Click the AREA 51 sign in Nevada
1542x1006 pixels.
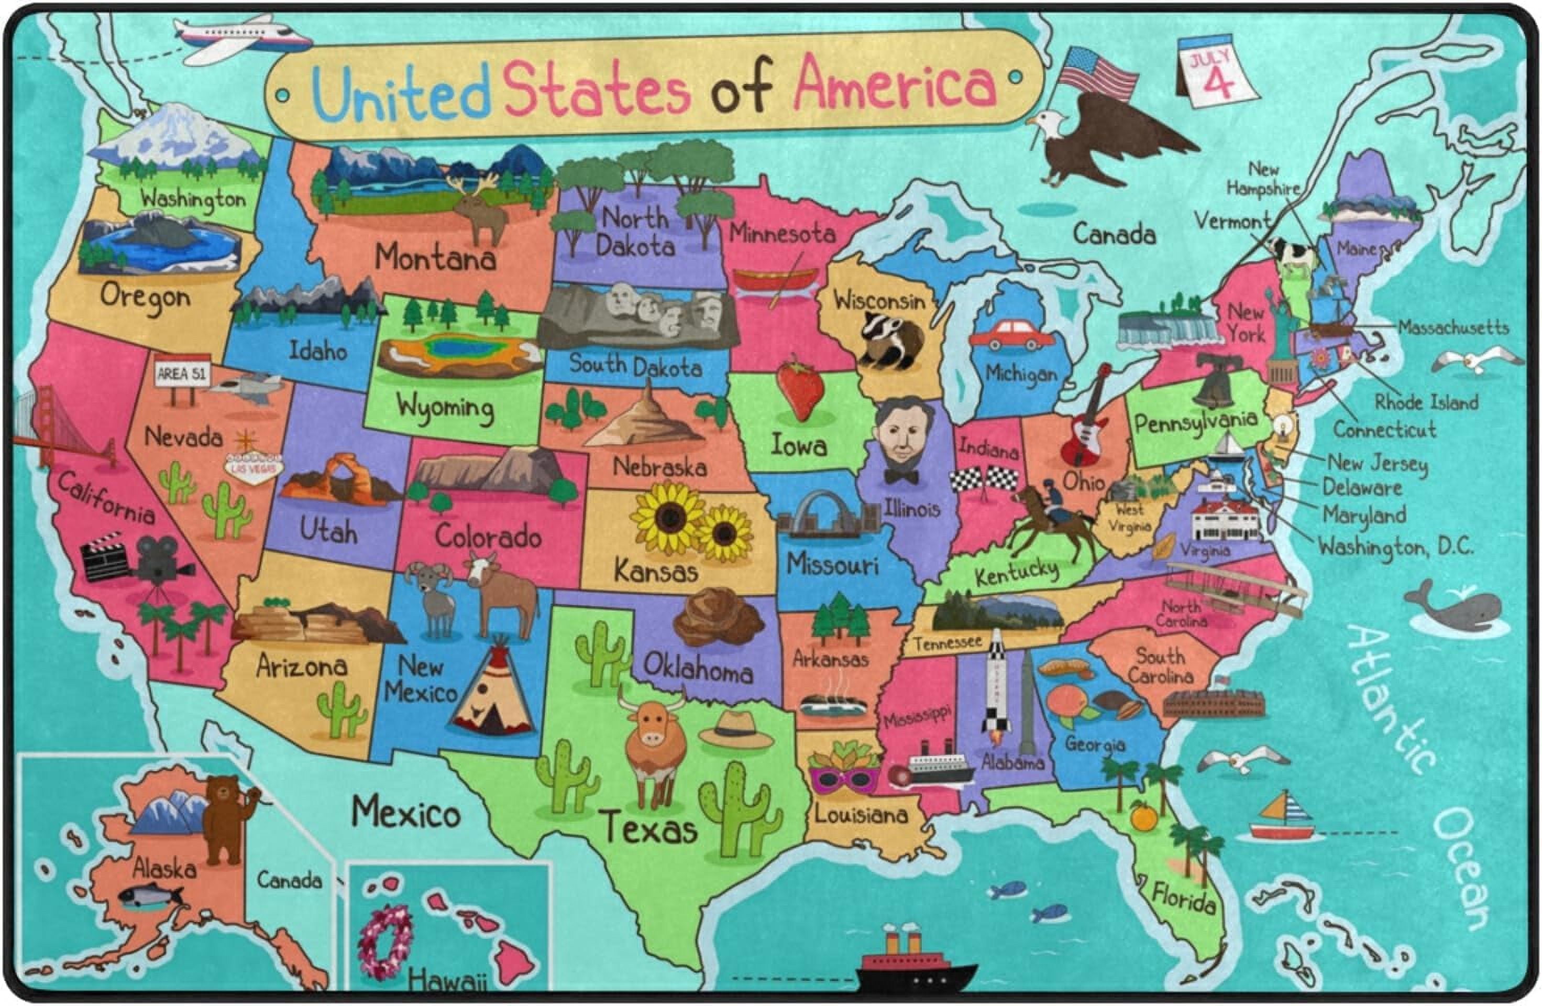click(x=181, y=374)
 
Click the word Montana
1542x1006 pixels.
click(x=435, y=258)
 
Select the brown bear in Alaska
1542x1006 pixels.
click(x=225, y=818)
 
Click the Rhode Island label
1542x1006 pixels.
click(x=1426, y=402)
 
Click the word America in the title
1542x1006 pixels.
click(x=895, y=83)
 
